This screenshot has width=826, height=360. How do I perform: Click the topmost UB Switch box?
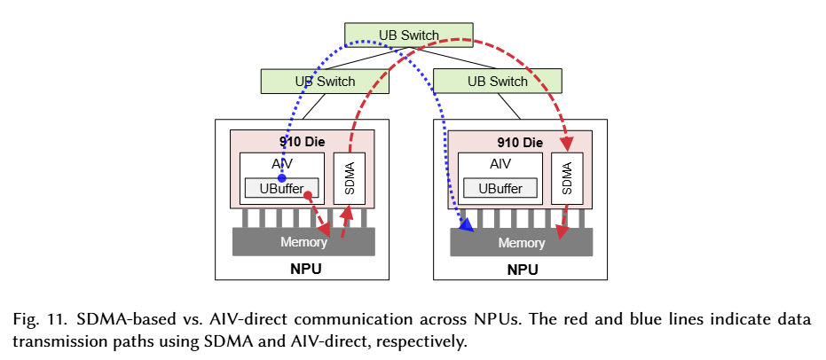(408, 35)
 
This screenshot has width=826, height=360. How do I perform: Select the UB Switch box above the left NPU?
(325, 82)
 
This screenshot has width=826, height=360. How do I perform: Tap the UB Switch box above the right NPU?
(498, 82)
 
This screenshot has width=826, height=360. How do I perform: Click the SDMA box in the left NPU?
(350, 179)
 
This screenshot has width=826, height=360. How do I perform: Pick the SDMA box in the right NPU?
(567, 179)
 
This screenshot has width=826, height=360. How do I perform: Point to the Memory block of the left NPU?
(303, 242)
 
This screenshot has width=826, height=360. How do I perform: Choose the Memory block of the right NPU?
(522, 242)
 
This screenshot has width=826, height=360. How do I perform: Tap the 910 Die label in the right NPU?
(520, 142)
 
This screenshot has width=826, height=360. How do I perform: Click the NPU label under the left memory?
(303, 269)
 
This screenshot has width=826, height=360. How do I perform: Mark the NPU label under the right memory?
(521, 269)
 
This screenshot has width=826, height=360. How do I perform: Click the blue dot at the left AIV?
(281, 178)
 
